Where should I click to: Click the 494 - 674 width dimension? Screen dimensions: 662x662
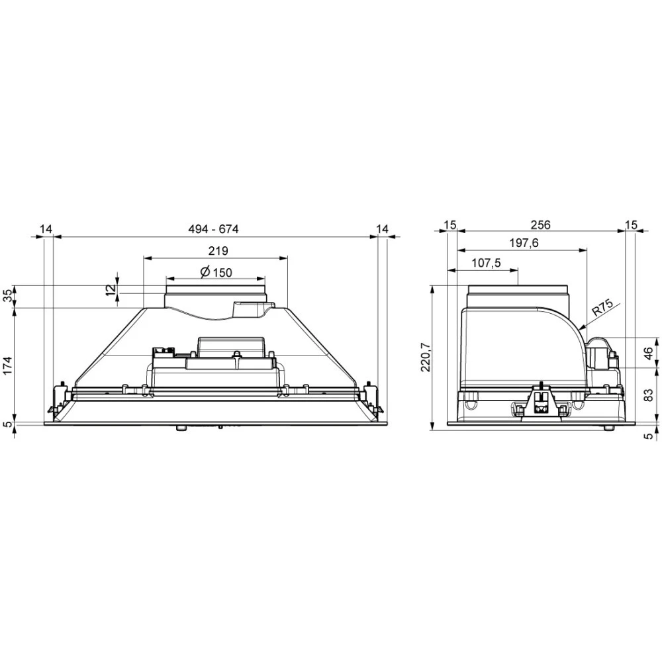(x=213, y=229)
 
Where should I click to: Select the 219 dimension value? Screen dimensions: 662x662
(x=218, y=251)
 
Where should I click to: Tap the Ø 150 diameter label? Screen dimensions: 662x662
(x=216, y=272)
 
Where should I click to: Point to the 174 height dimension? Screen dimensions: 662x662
(x=8, y=366)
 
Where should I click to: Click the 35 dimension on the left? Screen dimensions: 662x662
(x=8, y=297)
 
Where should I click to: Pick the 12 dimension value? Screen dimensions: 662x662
(x=110, y=289)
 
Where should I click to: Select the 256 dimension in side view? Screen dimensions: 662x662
(x=540, y=224)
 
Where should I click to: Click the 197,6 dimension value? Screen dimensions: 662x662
(x=524, y=243)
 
